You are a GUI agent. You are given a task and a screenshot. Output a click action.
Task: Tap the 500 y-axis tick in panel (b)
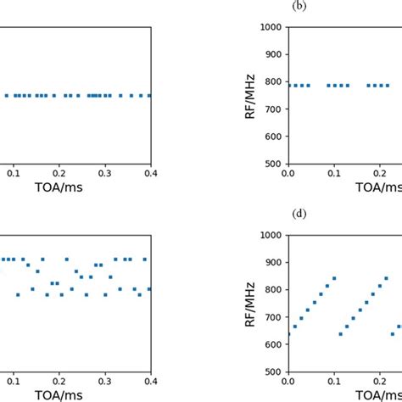click(273, 164)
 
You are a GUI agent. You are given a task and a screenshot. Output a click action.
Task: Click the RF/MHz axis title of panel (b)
click(250, 95)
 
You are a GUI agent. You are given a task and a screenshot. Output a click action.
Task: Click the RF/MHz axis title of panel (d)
click(250, 303)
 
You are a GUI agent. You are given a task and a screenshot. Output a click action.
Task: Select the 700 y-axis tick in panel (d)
click(273, 317)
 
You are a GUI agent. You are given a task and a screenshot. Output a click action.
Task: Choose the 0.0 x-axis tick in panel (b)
click(288, 173)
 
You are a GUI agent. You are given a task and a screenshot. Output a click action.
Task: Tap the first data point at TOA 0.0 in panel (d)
click(288, 334)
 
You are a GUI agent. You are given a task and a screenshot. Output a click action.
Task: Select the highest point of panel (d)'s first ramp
click(334, 278)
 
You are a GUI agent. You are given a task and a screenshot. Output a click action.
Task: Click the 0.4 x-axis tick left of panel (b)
click(150, 173)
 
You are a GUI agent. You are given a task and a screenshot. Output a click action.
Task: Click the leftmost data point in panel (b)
click(289, 85)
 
